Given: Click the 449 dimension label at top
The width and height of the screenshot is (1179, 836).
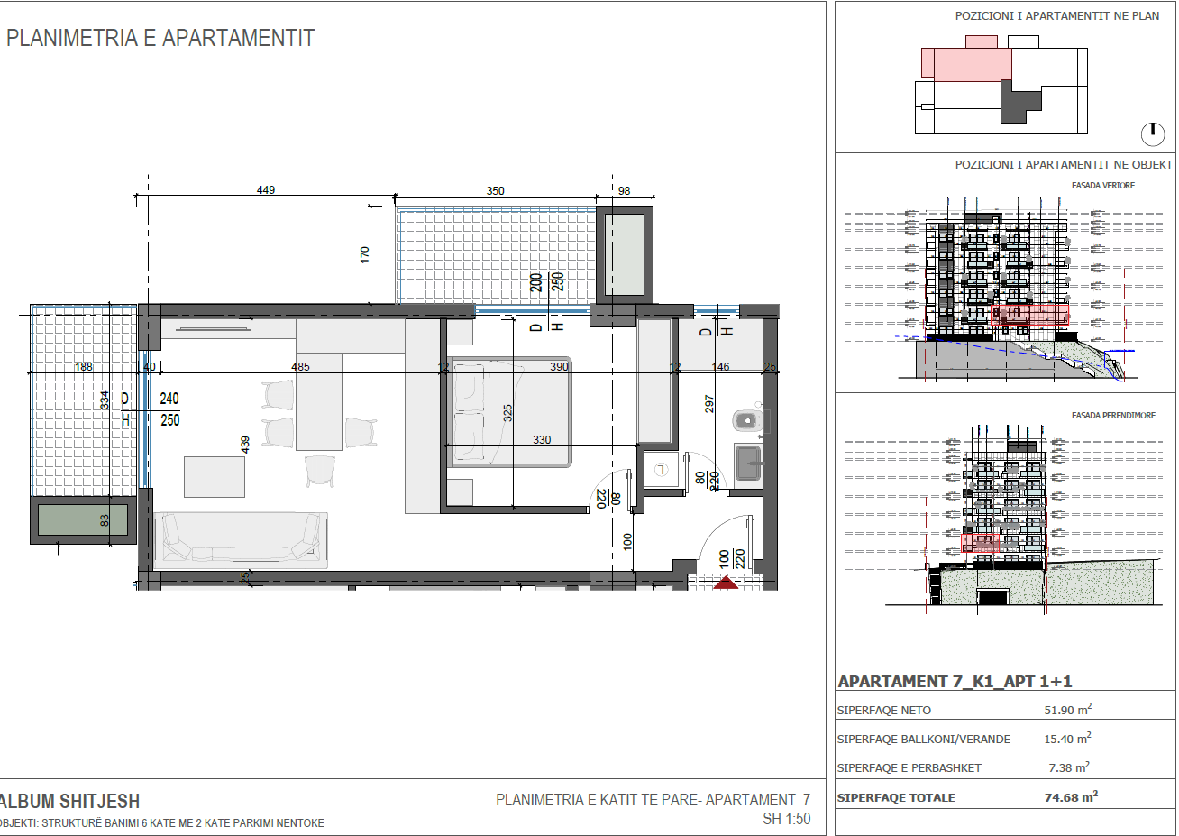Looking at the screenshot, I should tap(265, 190).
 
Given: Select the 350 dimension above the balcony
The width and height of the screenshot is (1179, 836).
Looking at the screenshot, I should tap(495, 191).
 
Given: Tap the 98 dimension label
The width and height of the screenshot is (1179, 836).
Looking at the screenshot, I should tap(624, 191).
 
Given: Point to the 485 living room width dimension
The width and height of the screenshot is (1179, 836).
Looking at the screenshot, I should tap(300, 367).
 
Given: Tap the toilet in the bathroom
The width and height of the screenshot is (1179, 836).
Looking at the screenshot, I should tap(747, 420).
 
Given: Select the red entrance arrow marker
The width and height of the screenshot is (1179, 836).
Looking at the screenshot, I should tap(726, 583).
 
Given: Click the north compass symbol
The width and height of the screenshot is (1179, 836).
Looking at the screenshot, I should tap(1152, 133).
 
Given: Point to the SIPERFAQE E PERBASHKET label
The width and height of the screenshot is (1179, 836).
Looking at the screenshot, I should tap(909, 768).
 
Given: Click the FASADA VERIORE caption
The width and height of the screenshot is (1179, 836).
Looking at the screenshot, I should tap(1103, 186).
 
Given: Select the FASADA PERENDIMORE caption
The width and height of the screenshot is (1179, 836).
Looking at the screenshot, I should tap(1113, 416).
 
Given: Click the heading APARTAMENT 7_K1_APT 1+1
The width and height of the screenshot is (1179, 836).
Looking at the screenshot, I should tap(955, 682).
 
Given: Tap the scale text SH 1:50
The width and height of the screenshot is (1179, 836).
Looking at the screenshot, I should tap(786, 820).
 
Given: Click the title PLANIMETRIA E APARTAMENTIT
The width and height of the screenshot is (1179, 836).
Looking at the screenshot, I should tap(160, 39).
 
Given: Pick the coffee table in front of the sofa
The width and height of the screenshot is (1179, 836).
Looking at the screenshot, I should tap(215, 476).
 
